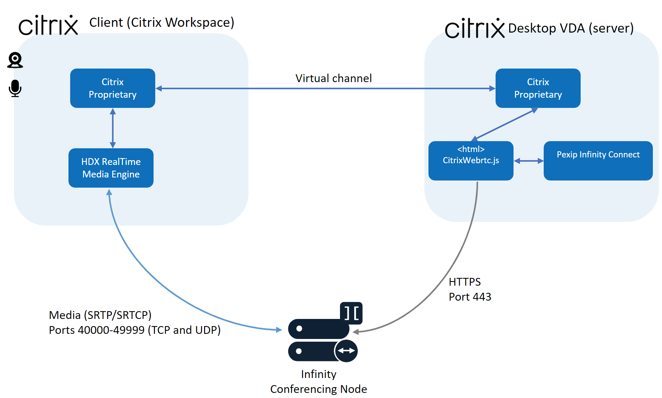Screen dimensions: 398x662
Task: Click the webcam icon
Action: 15,60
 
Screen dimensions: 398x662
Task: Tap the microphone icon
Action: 15,88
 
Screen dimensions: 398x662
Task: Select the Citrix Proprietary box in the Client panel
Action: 113,88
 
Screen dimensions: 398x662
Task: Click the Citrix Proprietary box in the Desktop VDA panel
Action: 538,88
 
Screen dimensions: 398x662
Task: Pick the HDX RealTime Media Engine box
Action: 111,168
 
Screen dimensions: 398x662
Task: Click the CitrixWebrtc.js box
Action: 470,160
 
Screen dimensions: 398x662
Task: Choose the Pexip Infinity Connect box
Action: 598,160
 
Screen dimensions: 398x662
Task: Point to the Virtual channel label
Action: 334,78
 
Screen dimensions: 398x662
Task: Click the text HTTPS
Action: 464,282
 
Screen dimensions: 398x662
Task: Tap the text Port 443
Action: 470,297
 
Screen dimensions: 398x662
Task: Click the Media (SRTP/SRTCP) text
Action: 100,315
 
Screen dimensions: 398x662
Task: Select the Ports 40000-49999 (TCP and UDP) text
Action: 135,330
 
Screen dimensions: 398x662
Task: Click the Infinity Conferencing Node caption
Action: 319,381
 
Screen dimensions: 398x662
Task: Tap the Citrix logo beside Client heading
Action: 48,25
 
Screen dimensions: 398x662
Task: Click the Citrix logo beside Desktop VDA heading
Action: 475,28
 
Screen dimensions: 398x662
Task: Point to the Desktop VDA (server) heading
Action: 571,28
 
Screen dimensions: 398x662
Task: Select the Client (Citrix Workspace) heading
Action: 162,22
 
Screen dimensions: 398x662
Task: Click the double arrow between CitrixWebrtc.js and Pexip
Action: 528,161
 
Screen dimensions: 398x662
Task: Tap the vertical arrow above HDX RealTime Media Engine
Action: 113,128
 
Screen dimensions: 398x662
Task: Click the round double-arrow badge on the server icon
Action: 346,351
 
